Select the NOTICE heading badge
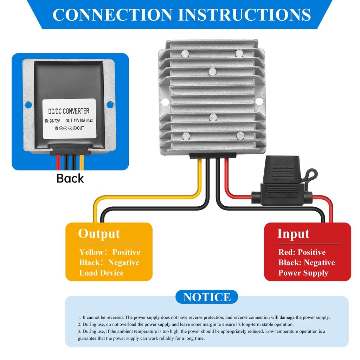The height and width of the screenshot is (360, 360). (x=207, y=297)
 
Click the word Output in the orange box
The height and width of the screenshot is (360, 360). (x=99, y=234)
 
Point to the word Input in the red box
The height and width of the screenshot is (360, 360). (x=293, y=234)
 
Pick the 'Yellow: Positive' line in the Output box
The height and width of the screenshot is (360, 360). (x=109, y=252)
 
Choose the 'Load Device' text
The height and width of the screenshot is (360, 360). (x=101, y=273)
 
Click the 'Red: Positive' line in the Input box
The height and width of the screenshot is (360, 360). (x=302, y=252)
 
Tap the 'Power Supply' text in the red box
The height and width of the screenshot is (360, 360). (x=303, y=273)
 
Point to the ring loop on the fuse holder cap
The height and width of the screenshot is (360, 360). (x=311, y=174)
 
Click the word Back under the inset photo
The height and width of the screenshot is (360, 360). (x=70, y=178)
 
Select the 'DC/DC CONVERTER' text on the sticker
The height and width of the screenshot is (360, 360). (x=69, y=111)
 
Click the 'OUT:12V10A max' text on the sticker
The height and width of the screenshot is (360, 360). (x=79, y=121)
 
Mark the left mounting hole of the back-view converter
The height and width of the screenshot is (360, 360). (x=28, y=104)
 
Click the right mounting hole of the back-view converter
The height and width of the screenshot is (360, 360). (x=110, y=104)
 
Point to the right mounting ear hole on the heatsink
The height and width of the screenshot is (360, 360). (x=259, y=101)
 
